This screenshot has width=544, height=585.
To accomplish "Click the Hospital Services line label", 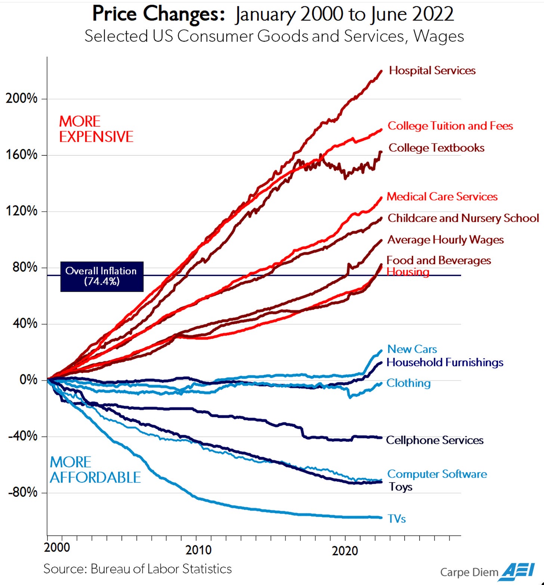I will (432, 71).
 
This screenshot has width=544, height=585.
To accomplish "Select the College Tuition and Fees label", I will (450, 126).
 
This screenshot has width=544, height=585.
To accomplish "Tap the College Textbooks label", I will (436, 148).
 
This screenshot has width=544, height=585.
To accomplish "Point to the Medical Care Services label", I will (442, 196).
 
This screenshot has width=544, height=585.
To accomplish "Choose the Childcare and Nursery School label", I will (463, 218).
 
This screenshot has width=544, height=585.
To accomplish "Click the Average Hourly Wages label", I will (445, 240).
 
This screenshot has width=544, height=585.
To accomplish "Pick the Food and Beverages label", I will (438, 260).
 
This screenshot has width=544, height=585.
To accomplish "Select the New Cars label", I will (412, 349).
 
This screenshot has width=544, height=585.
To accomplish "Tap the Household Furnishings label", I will (445, 362).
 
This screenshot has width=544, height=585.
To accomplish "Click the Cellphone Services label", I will (434, 440).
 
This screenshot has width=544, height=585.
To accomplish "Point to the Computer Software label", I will (437, 474).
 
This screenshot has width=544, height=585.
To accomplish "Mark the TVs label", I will (396, 519).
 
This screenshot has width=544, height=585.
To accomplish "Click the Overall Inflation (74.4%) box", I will (102, 276).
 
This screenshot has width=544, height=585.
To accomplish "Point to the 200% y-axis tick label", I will (22, 99).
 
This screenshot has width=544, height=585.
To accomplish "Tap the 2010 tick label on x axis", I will (198, 550).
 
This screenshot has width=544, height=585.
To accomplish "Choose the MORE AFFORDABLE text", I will (95, 470).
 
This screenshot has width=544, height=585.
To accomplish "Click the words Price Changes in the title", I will (158, 14).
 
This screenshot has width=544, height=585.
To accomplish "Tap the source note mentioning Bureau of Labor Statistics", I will (137, 569).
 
